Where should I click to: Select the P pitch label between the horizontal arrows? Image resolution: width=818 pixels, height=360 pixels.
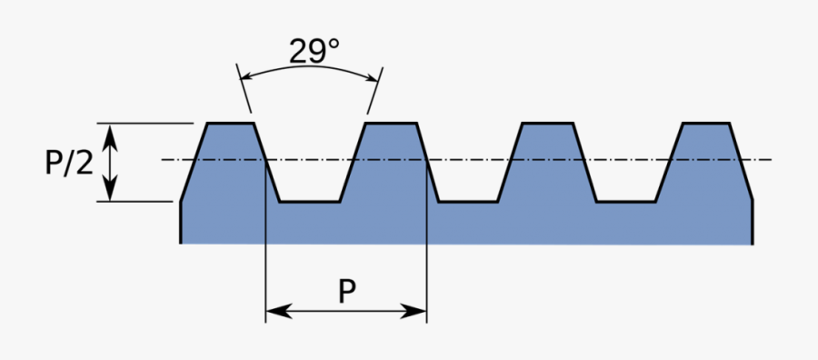[x=346, y=291]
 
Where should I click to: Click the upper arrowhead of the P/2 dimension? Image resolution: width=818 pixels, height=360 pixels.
[x=110, y=131]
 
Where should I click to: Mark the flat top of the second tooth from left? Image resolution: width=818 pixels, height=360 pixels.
[x=390, y=123]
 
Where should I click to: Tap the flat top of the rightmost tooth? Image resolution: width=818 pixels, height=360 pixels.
[x=706, y=123]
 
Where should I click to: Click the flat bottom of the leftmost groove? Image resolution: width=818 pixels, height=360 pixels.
[x=310, y=201]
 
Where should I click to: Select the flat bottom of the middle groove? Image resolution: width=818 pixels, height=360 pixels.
[x=468, y=201]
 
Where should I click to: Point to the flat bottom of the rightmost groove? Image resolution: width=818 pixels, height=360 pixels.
[x=626, y=201]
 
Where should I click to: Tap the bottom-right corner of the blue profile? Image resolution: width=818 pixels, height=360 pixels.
[x=751, y=243]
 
